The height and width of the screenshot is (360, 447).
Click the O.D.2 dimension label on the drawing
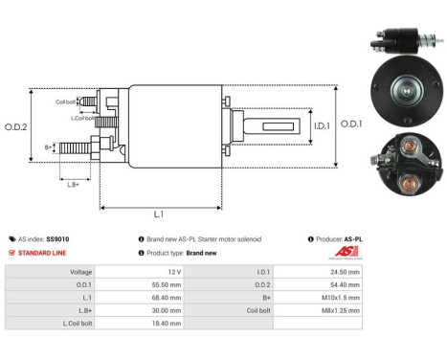[x=15, y=125]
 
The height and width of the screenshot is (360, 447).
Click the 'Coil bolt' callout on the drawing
[x=66, y=101]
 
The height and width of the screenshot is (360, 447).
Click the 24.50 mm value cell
[x=343, y=272]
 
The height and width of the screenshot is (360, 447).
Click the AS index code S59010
[x=56, y=238]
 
